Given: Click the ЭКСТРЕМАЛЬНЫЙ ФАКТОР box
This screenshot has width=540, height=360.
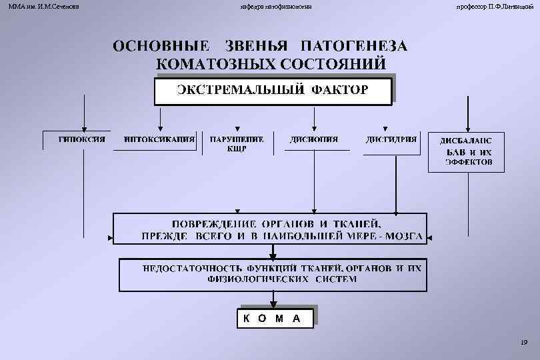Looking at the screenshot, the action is pos(272,91).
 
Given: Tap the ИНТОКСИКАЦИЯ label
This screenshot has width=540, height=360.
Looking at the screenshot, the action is pos(159,139).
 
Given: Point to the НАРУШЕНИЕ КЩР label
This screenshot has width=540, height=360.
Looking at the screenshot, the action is pos(237,144).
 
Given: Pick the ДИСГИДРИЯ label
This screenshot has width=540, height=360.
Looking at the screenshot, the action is pos(391,139).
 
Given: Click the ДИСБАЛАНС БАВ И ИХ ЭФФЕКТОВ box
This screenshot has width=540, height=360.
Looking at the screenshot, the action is pos(465,151).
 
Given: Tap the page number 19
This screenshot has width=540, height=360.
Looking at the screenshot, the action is pos(523,343).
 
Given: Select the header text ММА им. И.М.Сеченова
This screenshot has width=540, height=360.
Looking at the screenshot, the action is pos(40,6).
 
